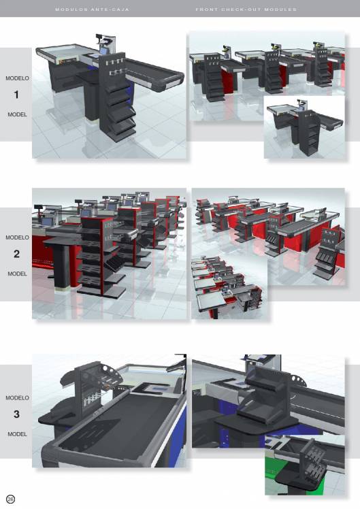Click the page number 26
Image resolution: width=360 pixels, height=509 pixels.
click(10, 499)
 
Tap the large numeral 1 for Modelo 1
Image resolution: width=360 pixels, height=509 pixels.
click(16, 95)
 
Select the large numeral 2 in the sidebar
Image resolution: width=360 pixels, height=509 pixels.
click(16, 254)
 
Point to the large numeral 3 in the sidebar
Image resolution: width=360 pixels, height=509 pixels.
click(16, 414)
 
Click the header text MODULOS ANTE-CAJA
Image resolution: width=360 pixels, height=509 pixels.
click(92, 10)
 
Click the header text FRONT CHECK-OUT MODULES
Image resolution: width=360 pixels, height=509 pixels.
click(246, 10)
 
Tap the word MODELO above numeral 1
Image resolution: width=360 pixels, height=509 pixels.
click(17, 78)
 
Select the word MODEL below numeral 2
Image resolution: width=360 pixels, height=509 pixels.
click(17, 274)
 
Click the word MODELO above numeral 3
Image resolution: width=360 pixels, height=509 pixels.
click(17, 397)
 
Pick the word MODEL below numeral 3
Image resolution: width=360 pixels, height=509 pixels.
click(17, 434)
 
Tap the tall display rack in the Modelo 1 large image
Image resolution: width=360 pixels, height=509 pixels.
click(117, 97)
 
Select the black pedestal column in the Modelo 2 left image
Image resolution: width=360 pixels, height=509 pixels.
click(63, 263)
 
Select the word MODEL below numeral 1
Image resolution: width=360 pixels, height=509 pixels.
click(17, 114)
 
